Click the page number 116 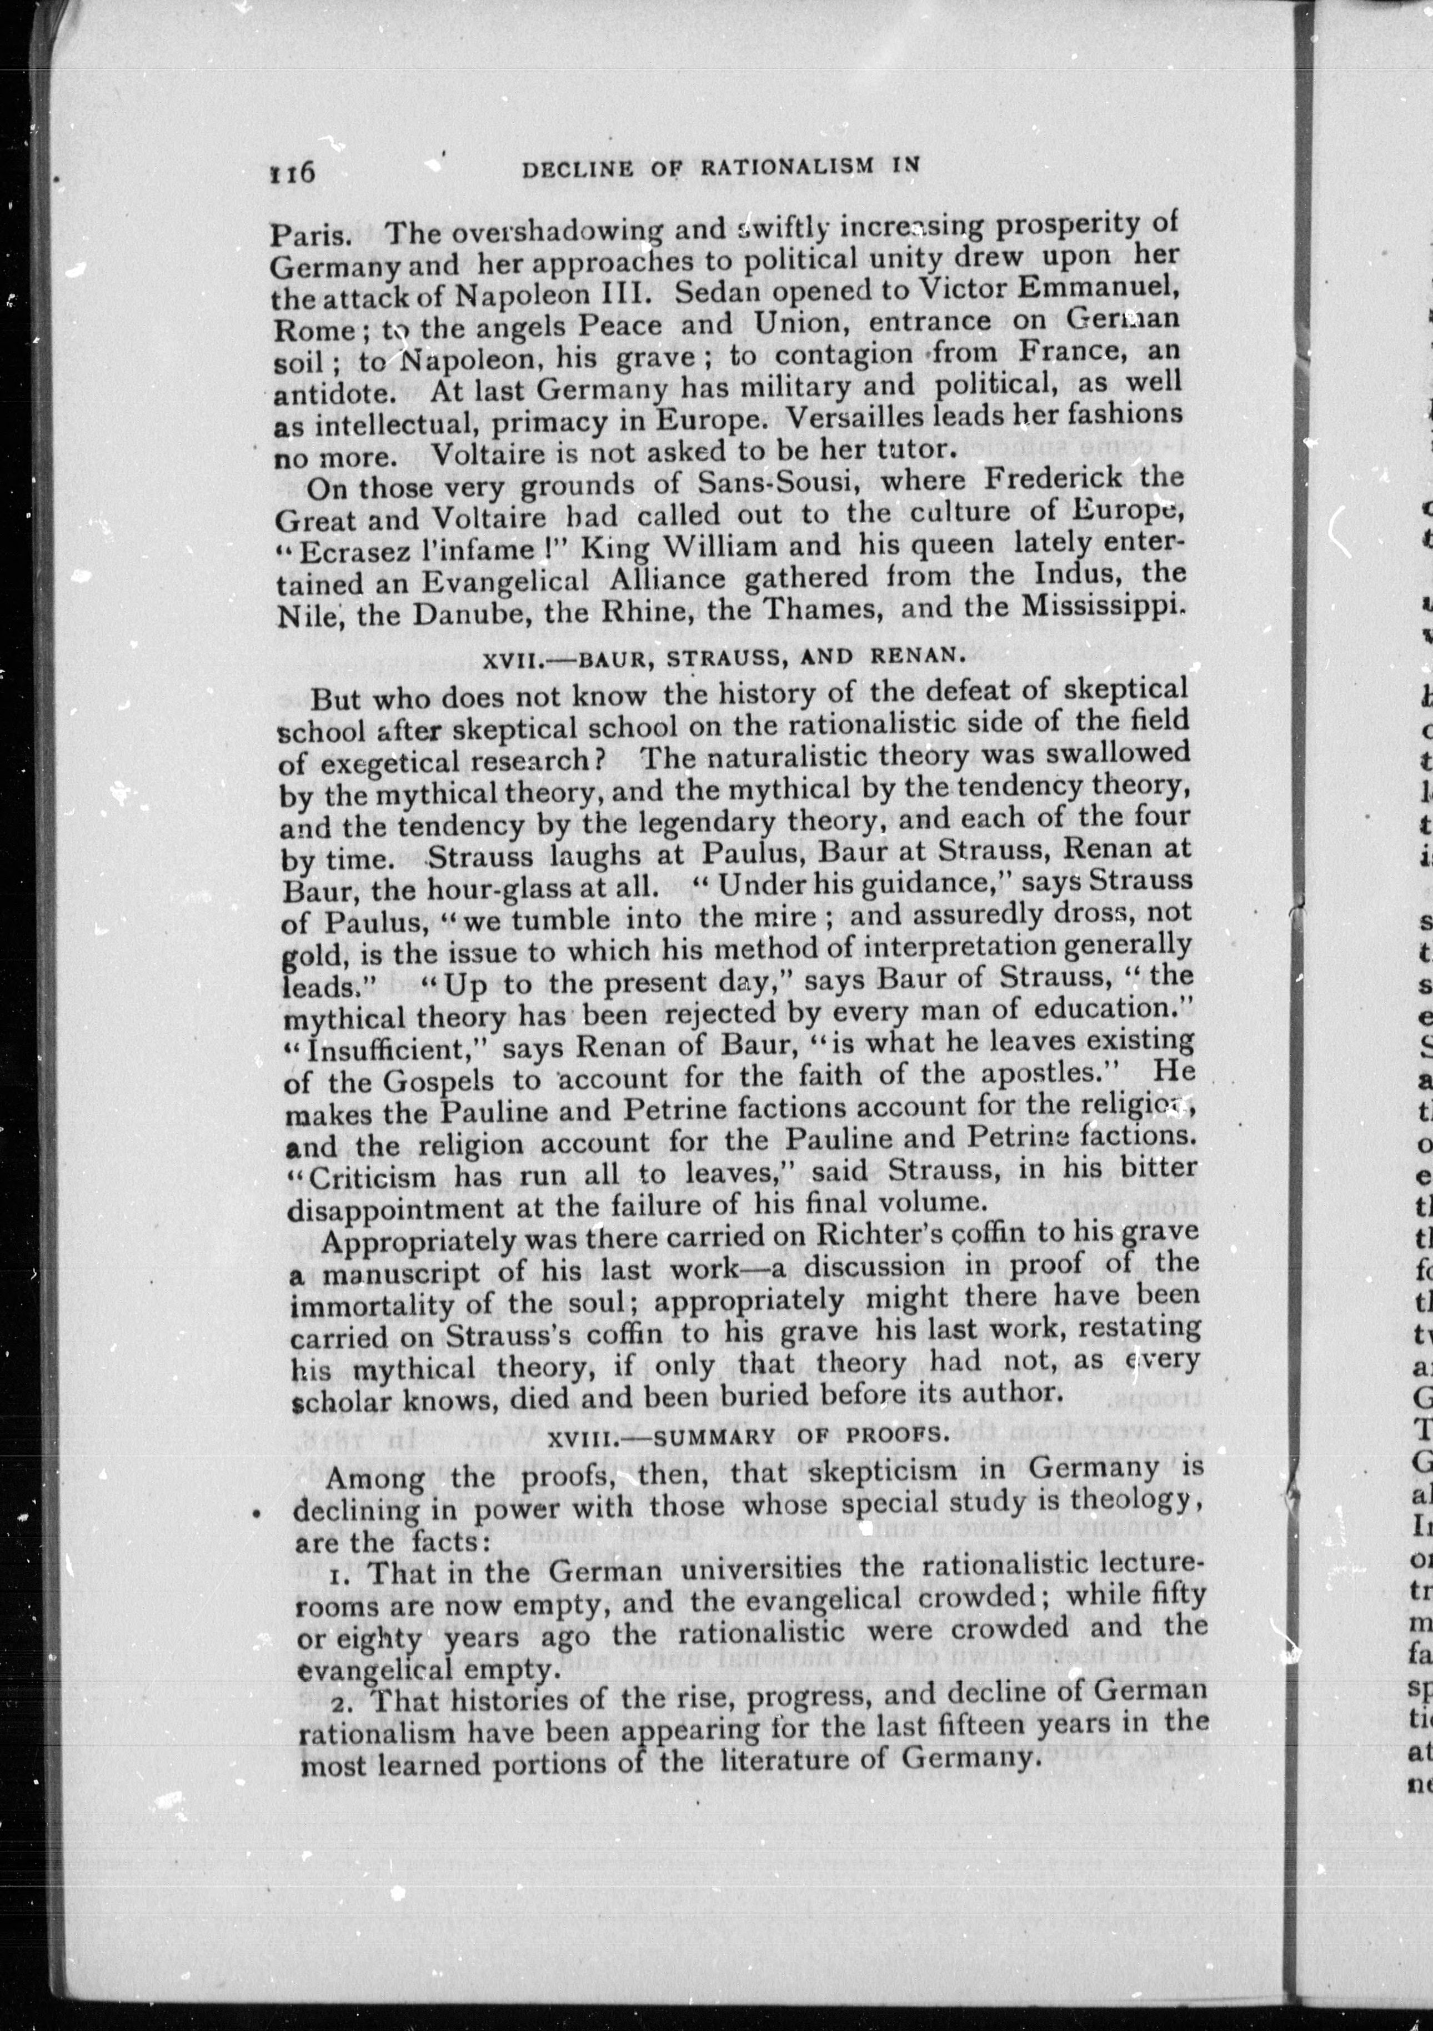pos(292,171)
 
